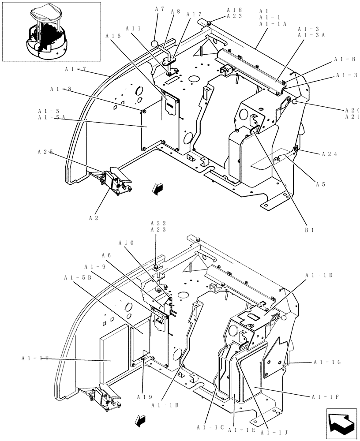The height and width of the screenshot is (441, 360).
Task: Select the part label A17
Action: point(194,14)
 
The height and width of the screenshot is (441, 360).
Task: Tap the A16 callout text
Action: point(113,36)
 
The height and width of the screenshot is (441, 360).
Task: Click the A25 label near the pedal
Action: point(45,152)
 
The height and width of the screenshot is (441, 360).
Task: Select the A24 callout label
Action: point(330,154)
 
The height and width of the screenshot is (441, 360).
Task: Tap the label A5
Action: point(321,184)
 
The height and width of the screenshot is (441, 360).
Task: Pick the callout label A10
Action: point(126,243)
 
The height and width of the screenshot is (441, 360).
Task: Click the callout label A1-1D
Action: point(319,275)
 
